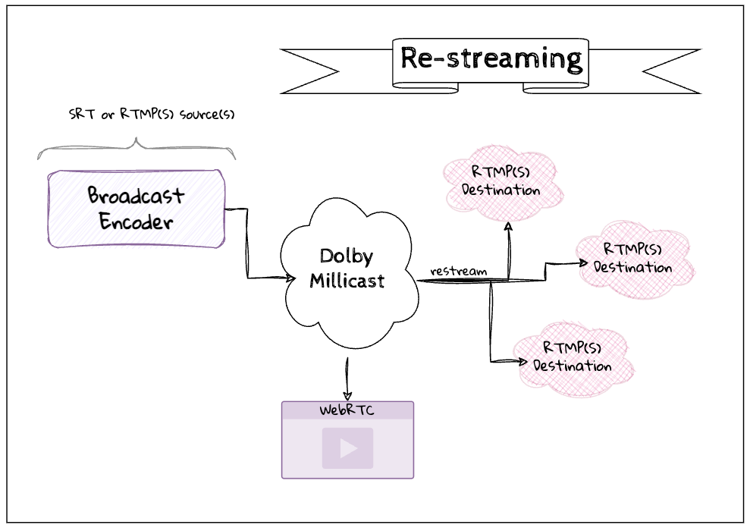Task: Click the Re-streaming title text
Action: point(491,58)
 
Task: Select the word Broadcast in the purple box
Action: point(136,195)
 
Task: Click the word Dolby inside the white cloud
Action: point(347,256)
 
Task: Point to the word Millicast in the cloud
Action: point(347,281)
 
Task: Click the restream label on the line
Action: point(458,271)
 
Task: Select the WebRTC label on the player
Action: point(347,411)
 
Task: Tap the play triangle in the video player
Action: point(348,448)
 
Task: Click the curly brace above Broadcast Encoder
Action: point(137,149)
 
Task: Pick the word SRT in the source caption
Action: point(80,115)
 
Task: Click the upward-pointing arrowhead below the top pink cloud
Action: point(508,226)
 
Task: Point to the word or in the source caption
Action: point(108,115)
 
